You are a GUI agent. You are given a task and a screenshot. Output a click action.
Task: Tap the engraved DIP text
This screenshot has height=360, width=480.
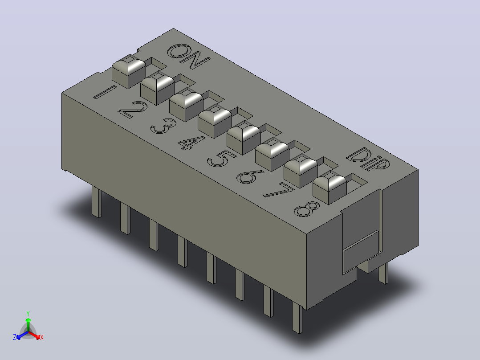[x=368, y=159]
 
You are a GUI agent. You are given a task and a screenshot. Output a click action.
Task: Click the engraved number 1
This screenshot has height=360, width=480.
[x=104, y=92]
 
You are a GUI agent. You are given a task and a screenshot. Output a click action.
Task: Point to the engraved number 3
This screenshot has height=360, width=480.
[x=163, y=126]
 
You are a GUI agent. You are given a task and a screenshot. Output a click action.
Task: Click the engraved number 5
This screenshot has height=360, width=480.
[x=221, y=158]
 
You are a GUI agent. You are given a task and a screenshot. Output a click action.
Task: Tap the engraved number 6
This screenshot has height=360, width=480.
[x=250, y=177]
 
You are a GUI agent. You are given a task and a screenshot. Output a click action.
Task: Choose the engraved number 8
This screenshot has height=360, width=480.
[x=307, y=209]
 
